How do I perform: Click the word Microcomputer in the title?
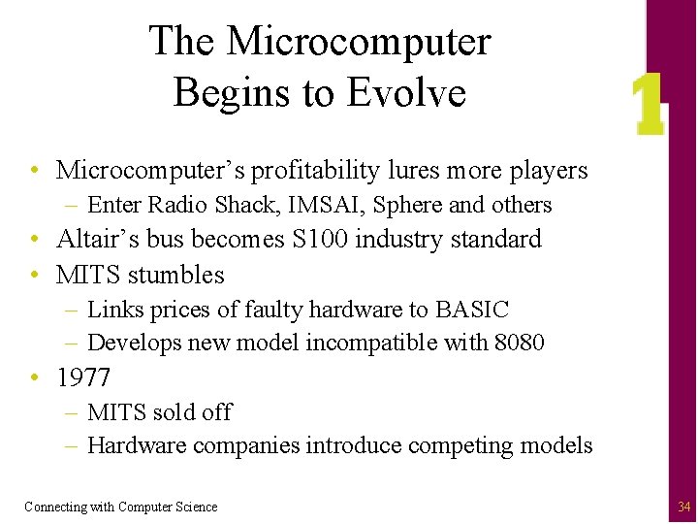[x=359, y=42]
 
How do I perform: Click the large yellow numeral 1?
[x=647, y=106]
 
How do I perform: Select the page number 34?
[x=684, y=507]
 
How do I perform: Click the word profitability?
[x=315, y=171]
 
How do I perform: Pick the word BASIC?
[x=472, y=310]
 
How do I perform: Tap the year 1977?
[x=83, y=377]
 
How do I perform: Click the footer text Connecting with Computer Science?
[x=121, y=507]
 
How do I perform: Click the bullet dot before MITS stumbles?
[x=34, y=276]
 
